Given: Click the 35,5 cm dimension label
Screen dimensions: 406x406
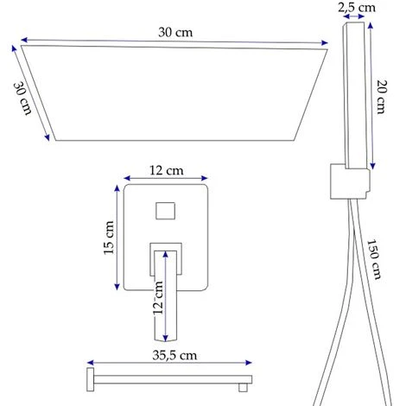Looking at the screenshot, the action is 174,355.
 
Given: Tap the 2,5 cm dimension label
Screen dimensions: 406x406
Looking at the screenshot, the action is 357,7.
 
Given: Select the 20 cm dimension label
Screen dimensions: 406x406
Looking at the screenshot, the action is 382,97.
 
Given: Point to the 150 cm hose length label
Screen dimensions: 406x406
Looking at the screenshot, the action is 374,259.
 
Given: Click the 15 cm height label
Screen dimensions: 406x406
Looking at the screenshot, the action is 109,238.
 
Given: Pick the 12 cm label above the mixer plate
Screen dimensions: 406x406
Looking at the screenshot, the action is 166,170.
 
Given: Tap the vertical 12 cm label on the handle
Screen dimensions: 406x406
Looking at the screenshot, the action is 158,298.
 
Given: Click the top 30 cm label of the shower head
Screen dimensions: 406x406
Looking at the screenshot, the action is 175,32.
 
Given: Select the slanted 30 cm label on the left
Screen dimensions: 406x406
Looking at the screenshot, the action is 23,98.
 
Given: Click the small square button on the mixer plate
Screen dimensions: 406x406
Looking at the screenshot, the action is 166,211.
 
